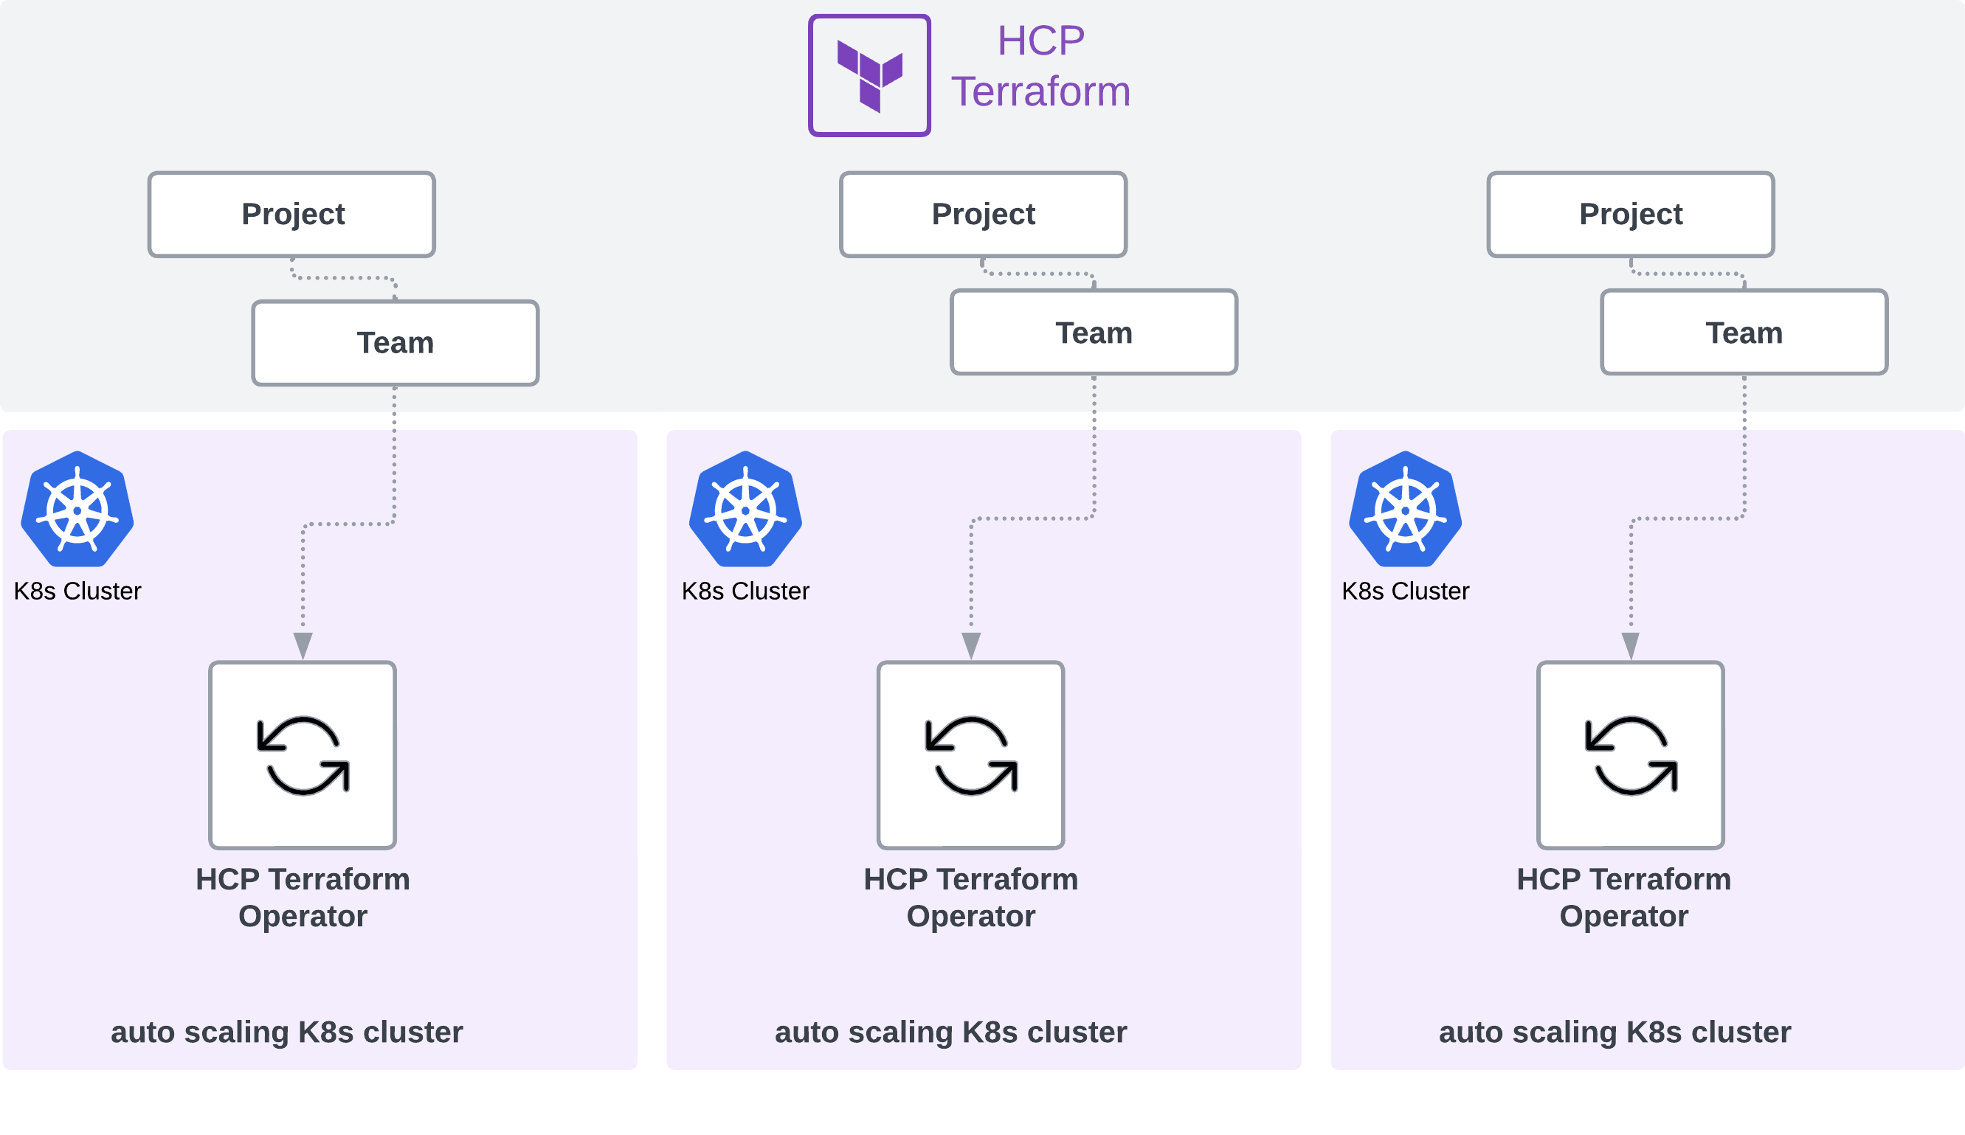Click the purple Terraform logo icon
869,76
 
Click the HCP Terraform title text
1040,66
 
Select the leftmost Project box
291,215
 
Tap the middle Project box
984,215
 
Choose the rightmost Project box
1631,215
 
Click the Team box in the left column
396,343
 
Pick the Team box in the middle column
1094,333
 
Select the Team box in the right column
1744,333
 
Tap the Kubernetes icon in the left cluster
77,510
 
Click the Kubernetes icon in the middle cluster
745,510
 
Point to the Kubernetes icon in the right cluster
1405,510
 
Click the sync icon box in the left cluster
303,754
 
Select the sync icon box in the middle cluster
971,754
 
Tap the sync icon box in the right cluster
1631,754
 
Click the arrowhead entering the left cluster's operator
303,645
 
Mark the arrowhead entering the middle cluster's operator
971,645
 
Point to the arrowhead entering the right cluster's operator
1631,645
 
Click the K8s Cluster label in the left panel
77,591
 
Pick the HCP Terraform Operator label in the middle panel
971,898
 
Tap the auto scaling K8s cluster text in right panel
1615,1032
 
